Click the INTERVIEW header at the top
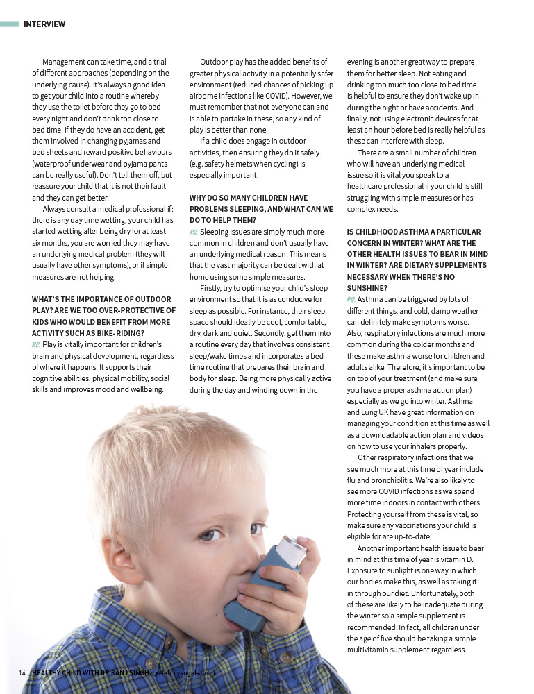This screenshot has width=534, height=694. coord(44,24)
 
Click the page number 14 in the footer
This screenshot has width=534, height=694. coord(23,673)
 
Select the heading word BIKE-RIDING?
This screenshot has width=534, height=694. coord(122,332)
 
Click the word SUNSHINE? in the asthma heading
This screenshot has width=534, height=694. coord(368,287)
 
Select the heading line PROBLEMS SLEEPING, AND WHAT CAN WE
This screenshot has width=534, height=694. coord(261,209)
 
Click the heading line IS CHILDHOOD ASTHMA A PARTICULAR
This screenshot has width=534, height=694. coord(414,232)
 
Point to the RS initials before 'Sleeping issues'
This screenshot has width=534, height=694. coord(194,231)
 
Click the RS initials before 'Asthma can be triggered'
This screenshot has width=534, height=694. coord(351,299)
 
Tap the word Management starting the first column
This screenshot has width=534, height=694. coord(68,62)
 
